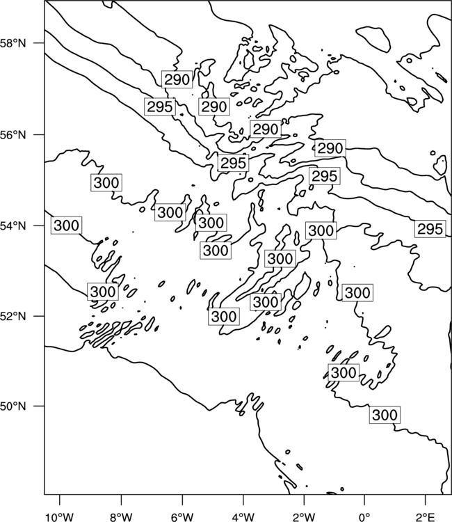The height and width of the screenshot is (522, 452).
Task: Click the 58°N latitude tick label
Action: coord(13,43)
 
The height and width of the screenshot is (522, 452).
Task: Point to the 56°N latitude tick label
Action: coord(13,134)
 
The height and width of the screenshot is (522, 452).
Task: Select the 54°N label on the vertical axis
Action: coord(13,226)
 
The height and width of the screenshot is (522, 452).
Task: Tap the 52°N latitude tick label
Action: coord(13,316)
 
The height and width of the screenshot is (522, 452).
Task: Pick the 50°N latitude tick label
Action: coord(13,406)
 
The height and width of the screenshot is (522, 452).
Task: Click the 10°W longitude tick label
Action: coord(60,517)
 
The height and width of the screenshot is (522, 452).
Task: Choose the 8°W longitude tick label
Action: coord(121,517)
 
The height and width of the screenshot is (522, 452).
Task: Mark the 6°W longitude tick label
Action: coord(182,517)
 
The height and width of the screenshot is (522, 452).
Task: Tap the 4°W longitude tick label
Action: coord(243,517)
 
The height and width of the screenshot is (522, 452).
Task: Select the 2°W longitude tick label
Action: coord(304,517)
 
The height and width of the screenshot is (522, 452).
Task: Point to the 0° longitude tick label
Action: coord(364,517)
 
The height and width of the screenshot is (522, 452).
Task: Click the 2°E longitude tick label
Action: coord(426,517)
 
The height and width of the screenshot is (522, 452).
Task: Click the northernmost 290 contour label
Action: coord(177,79)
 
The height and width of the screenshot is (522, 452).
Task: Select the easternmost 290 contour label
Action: coord(330,148)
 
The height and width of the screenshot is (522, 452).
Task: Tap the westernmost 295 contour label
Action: coord(160,107)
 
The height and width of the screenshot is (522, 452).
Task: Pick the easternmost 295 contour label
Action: coord(430,229)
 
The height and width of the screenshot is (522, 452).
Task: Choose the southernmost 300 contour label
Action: coord(385,415)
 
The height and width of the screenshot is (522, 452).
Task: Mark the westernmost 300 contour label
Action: coord(67,226)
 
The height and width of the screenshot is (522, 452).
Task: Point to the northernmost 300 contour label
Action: coord(106,182)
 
